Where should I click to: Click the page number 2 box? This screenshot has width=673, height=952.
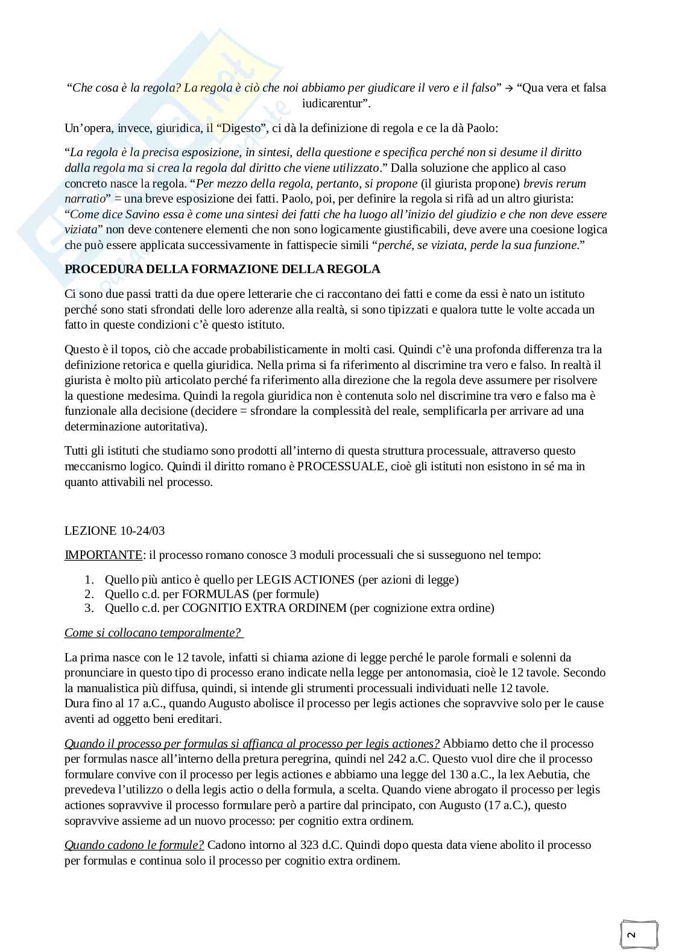(x=632, y=935)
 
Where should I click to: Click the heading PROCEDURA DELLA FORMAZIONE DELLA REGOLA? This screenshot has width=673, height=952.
(x=222, y=269)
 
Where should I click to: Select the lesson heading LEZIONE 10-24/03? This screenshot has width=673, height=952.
(x=115, y=531)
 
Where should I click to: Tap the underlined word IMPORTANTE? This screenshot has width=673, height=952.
(x=103, y=555)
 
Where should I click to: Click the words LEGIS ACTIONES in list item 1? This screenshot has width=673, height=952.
(x=305, y=579)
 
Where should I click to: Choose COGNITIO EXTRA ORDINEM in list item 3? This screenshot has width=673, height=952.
(x=264, y=608)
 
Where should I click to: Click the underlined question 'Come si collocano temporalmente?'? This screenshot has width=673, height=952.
(x=153, y=632)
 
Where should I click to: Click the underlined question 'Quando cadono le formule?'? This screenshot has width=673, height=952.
(x=134, y=845)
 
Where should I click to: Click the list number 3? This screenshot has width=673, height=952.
(x=89, y=608)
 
